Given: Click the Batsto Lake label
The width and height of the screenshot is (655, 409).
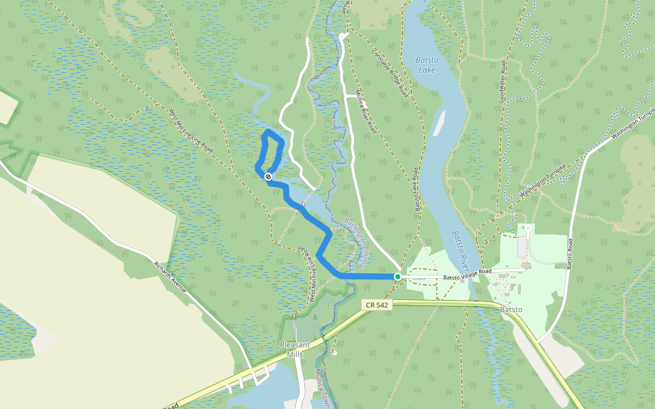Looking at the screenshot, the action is [x=426, y=64].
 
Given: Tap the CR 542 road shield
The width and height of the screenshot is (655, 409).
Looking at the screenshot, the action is [x=377, y=305].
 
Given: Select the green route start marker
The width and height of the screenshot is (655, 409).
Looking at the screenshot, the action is [x=397, y=277].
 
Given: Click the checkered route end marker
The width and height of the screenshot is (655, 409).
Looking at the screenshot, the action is [x=268, y=177].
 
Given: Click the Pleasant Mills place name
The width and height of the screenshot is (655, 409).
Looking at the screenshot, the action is [x=295, y=349].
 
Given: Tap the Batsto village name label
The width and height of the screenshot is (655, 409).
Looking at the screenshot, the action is [x=511, y=309].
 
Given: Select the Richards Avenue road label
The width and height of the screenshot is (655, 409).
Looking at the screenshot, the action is [x=171, y=277].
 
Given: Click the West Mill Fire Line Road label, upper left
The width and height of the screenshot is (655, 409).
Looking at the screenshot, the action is [x=190, y=130].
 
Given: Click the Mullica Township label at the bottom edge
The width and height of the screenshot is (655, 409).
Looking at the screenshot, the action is [x=322, y=389].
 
